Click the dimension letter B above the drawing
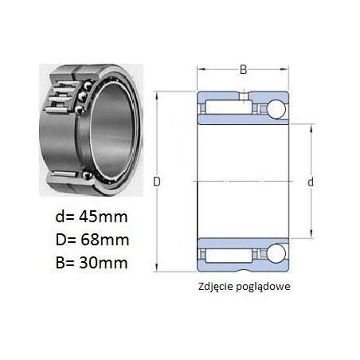point(243,70)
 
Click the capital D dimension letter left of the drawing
point(157,182)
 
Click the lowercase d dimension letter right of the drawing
point(311,182)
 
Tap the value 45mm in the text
point(104,217)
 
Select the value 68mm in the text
point(104,240)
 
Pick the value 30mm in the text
point(104,263)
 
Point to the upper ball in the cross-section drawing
point(276,109)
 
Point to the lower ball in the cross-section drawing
point(276,253)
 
